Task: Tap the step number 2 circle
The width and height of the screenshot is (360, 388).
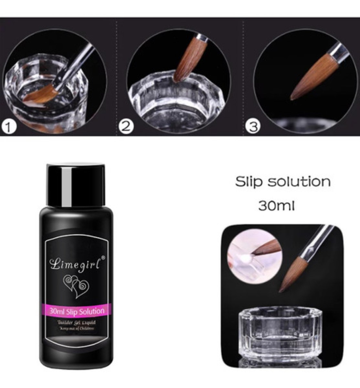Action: tap(126, 126)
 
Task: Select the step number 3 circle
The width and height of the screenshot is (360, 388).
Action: tap(253, 126)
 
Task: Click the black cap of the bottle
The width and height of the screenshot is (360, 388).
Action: tap(76, 184)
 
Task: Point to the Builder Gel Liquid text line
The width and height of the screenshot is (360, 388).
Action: tap(76, 323)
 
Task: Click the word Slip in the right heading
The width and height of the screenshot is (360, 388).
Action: tap(248, 182)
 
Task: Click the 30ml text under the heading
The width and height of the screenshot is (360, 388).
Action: tap(276, 205)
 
